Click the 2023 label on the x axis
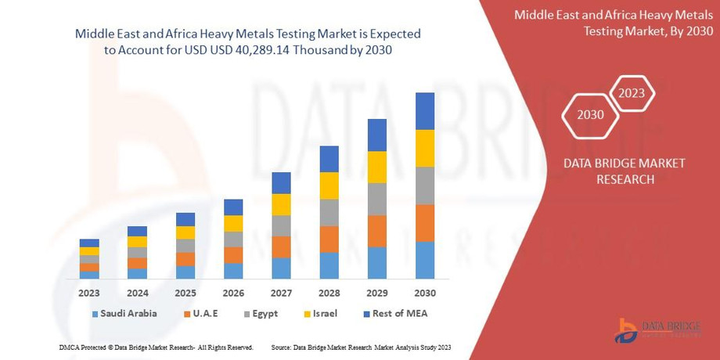pos(89,293)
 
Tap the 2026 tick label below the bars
pos(233,293)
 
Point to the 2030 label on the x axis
pos(425,293)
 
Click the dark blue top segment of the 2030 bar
pos(425,111)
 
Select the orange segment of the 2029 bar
pos(377,231)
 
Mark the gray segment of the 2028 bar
pos(329,212)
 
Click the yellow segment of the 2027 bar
pos(281,204)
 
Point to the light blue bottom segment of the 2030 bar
pos(425,260)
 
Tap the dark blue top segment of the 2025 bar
pos(185,219)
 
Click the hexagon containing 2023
pos(632,94)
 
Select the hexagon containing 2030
pos(590,115)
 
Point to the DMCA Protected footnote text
pos(156,347)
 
